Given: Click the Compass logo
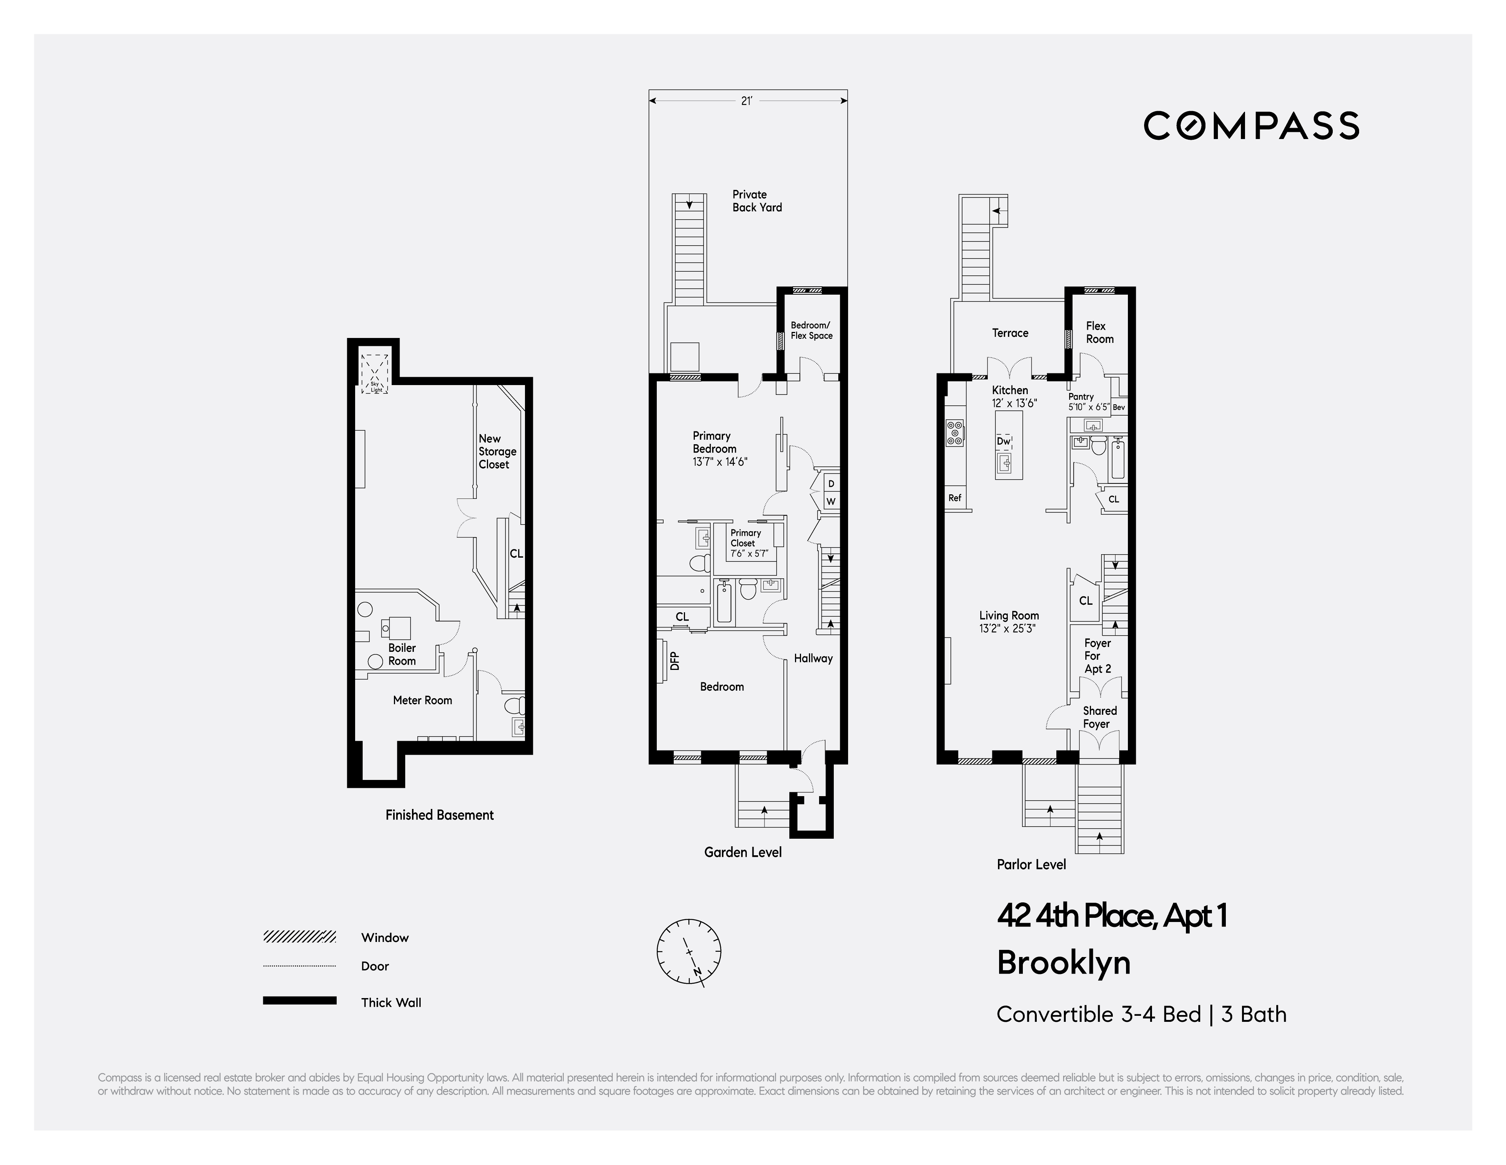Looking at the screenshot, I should tap(1251, 125).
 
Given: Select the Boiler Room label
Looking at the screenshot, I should tap(402, 654).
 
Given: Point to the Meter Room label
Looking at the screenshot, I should tap(422, 700).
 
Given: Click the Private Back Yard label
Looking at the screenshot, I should tap(757, 201).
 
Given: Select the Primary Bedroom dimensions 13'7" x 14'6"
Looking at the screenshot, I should tap(720, 462).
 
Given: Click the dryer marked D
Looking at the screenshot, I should tap(831, 483).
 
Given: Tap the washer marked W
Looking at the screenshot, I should tap(831, 501).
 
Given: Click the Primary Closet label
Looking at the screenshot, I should tap(745, 538).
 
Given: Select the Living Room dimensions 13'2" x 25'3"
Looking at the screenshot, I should tap(1007, 628).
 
